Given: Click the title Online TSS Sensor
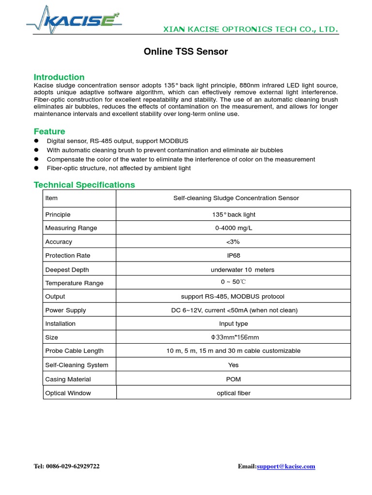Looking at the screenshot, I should click(x=186, y=52).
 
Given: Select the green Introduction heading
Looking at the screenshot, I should click(x=59, y=77).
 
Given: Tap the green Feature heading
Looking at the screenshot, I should click(x=49, y=131).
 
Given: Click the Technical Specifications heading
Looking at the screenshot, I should click(x=84, y=185).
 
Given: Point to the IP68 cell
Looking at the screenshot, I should click(x=233, y=255).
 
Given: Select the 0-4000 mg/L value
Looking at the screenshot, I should click(x=233, y=228).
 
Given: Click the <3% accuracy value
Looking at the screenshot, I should click(x=233, y=242).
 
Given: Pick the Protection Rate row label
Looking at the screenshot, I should click(x=67, y=255).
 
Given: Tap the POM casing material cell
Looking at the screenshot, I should click(x=233, y=379).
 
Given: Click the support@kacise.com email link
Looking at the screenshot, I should click(x=286, y=466).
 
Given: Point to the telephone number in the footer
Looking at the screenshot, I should click(x=67, y=466).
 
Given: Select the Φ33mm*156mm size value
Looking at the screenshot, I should click(x=233, y=337).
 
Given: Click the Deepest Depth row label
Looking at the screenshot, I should click(x=67, y=270).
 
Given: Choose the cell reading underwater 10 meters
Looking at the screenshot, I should click(x=233, y=270).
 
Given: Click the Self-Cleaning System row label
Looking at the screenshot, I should click(x=77, y=365).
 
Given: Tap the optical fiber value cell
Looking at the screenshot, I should click(x=233, y=393).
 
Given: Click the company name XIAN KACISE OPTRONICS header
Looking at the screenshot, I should click(x=249, y=29).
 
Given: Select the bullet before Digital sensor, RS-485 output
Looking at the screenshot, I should click(x=36, y=141).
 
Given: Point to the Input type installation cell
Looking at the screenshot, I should click(x=233, y=323).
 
